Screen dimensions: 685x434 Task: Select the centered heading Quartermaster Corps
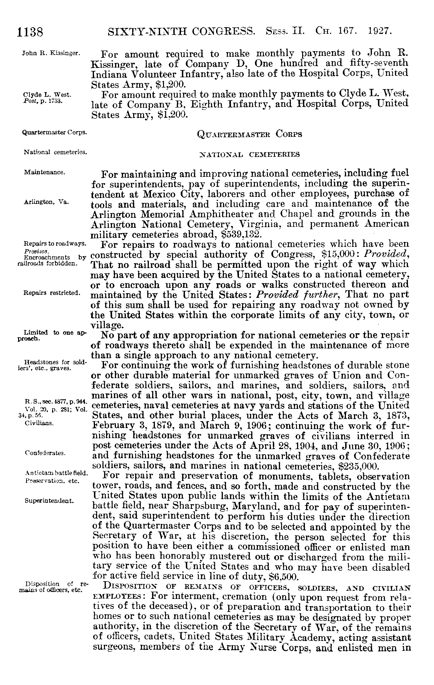coord(249,134)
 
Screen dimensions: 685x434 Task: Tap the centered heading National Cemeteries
coord(249,155)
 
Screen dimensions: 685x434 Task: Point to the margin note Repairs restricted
coord(52,293)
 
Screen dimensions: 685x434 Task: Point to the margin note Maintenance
coord(45,172)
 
